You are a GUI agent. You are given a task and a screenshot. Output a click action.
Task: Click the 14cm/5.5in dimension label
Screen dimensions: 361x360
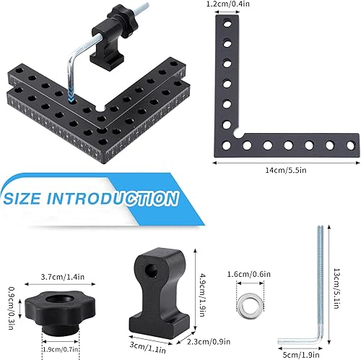(x=286, y=170)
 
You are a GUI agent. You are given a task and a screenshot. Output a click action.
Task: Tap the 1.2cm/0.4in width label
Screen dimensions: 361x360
(x=228, y=4)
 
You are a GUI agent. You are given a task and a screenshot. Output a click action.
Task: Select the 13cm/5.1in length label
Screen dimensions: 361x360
(x=336, y=288)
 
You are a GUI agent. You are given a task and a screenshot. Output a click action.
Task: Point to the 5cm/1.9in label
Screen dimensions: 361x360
(x=301, y=355)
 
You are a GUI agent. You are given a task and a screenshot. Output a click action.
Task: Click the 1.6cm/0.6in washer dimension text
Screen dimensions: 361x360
(x=249, y=274)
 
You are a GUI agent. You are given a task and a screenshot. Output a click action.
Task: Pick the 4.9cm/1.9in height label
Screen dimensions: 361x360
(x=201, y=295)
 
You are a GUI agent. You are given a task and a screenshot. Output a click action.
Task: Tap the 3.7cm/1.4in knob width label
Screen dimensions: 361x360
(x=63, y=277)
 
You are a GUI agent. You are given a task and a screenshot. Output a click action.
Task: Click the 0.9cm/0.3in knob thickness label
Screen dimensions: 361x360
(x=12, y=308)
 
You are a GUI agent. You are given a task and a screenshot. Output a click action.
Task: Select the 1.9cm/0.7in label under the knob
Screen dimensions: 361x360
(x=61, y=349)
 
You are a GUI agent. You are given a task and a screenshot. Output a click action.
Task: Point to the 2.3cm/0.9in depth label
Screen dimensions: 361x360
(x=209, y=341)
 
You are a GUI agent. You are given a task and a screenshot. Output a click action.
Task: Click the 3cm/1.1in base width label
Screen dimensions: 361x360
(x=147, y=347)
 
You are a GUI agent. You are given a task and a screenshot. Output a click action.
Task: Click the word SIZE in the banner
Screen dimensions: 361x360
(x=22, y=199)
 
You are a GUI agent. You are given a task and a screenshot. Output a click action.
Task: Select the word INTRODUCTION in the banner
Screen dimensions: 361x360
(x=113, y=199)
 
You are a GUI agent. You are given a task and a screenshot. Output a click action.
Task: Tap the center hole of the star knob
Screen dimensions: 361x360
(x=59, y=299)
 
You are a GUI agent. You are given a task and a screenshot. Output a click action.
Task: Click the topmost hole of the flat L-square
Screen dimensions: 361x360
(x=227, y=24)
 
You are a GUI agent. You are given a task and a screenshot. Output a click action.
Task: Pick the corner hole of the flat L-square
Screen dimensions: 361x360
(x=227, y=145)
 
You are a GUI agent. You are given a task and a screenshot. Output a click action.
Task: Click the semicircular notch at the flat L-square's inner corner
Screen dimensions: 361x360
(x=238, y=134)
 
